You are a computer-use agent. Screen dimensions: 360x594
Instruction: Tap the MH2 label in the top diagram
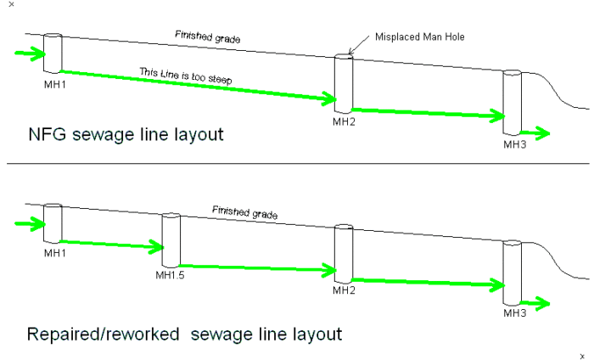coord(344,121)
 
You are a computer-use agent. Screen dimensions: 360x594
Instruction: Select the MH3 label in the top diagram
coord(514,144)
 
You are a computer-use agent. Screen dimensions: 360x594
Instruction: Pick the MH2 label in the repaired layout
coord(344,290)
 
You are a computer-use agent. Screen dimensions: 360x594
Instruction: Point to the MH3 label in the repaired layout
coord(514,313)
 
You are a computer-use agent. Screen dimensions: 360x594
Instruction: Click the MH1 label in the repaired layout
coord(53,252)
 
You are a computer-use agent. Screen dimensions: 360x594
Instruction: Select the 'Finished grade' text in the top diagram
coord(207,37)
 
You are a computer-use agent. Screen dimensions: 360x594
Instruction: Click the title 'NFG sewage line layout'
coord(126,135)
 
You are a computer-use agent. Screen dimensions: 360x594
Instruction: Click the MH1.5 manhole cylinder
coord(171,239)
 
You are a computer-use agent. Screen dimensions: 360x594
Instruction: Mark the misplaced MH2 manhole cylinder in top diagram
coord(343,83)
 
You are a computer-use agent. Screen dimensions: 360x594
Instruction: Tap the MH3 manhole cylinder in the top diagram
coord(511,102)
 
